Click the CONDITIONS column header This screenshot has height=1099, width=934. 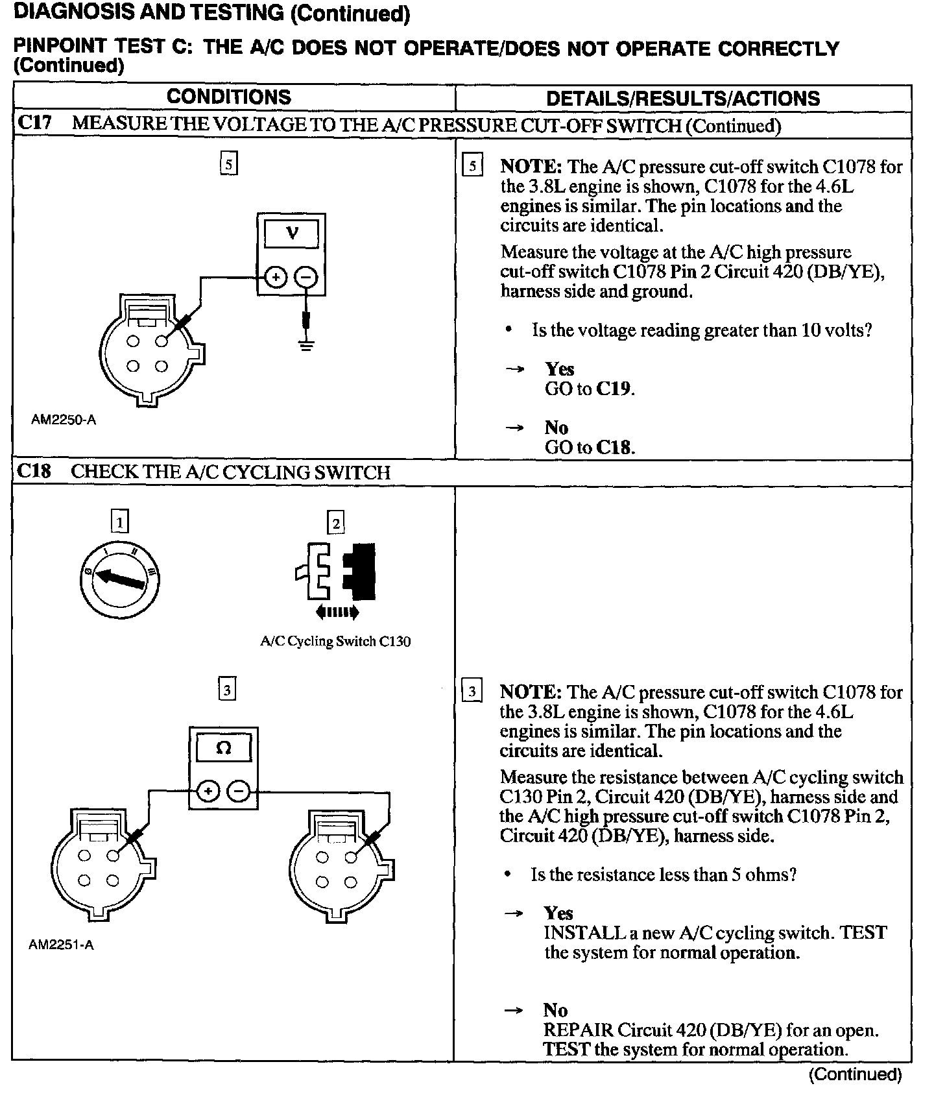229,97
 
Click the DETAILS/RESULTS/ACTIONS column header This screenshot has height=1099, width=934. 683,99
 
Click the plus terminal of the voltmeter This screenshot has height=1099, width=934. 276,278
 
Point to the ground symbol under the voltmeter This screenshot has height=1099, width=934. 306,344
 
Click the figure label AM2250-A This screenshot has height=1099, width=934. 64,420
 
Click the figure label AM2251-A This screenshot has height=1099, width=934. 61,945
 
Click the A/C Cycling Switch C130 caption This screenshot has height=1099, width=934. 335,642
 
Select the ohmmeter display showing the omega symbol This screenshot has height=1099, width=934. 223,749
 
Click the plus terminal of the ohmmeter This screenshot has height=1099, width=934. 208,792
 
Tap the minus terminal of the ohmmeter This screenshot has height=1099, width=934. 238,792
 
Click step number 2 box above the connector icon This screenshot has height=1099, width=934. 335,523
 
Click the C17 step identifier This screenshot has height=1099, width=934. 34,123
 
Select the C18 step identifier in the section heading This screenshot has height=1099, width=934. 34,472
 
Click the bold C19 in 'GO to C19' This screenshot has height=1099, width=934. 613,389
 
